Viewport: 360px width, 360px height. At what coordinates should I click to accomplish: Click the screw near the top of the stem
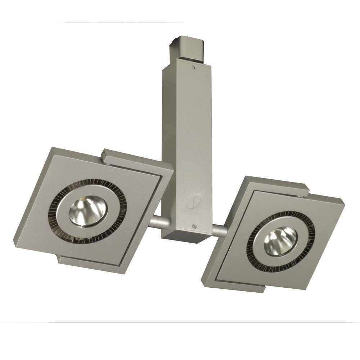click(x=195, y=66)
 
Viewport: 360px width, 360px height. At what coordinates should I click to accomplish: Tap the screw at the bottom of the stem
click(x=194, y=226)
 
